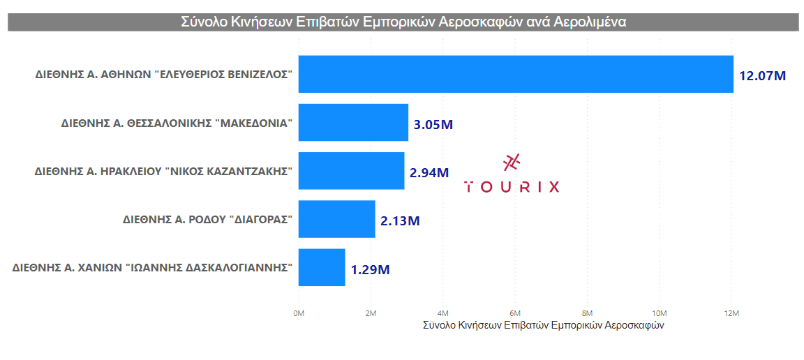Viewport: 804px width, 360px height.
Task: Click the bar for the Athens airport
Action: point(516,74)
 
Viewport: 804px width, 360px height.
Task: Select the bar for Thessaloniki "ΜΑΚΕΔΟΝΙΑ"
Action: point(353,123)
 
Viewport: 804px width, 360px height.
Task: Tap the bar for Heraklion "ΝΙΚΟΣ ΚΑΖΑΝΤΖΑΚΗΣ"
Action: point(351,171)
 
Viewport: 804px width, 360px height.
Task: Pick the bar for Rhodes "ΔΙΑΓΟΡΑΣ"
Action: point(336,219)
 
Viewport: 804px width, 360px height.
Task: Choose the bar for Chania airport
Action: point(322,267)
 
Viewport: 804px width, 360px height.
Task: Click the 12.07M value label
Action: point(762,75)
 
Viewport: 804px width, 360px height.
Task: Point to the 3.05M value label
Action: point(433,125)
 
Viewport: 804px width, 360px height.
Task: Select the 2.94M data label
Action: point(429,172)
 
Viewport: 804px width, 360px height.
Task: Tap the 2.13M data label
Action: point(400,221)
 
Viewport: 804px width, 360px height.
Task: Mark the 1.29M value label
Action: point(370,269)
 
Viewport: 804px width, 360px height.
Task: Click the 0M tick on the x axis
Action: point(298,313)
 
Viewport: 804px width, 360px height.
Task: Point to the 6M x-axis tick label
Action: point(515,313)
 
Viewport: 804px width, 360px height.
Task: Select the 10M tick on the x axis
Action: point(659,313)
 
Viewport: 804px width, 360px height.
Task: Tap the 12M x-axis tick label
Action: point(731,313)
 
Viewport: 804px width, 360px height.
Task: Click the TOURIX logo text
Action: point(512,186)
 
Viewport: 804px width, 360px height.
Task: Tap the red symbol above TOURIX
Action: point(512,162)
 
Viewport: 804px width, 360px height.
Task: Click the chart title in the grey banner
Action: point(403,22)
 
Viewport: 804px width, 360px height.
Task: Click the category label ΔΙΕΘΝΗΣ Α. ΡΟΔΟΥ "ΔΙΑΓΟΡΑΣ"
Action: point(207,219)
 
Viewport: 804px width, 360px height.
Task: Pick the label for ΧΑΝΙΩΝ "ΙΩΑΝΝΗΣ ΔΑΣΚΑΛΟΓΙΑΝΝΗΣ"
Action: point(152,267)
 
